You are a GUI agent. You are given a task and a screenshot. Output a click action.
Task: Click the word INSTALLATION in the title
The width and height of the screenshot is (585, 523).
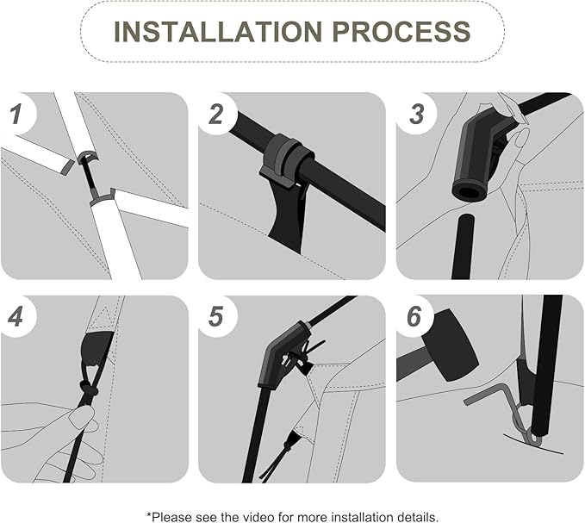click(217, 32)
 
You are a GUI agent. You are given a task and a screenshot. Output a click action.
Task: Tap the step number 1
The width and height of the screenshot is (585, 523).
click(16, 114)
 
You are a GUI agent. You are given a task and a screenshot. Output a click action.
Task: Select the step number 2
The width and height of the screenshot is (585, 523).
click(215, 114)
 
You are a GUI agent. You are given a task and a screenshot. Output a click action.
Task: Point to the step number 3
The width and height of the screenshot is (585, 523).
click(416, 114)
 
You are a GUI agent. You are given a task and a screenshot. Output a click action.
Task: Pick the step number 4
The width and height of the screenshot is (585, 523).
click(15, 317)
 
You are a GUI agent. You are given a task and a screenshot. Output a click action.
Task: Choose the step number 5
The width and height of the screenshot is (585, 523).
click(215, 317)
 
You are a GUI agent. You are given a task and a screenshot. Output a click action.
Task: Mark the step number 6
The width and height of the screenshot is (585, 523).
click(414, 317)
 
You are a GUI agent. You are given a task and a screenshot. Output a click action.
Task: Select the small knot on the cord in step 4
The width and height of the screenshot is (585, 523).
click(88, 389)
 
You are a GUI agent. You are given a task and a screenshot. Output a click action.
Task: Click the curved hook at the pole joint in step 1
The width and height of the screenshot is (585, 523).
click(87, 156)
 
